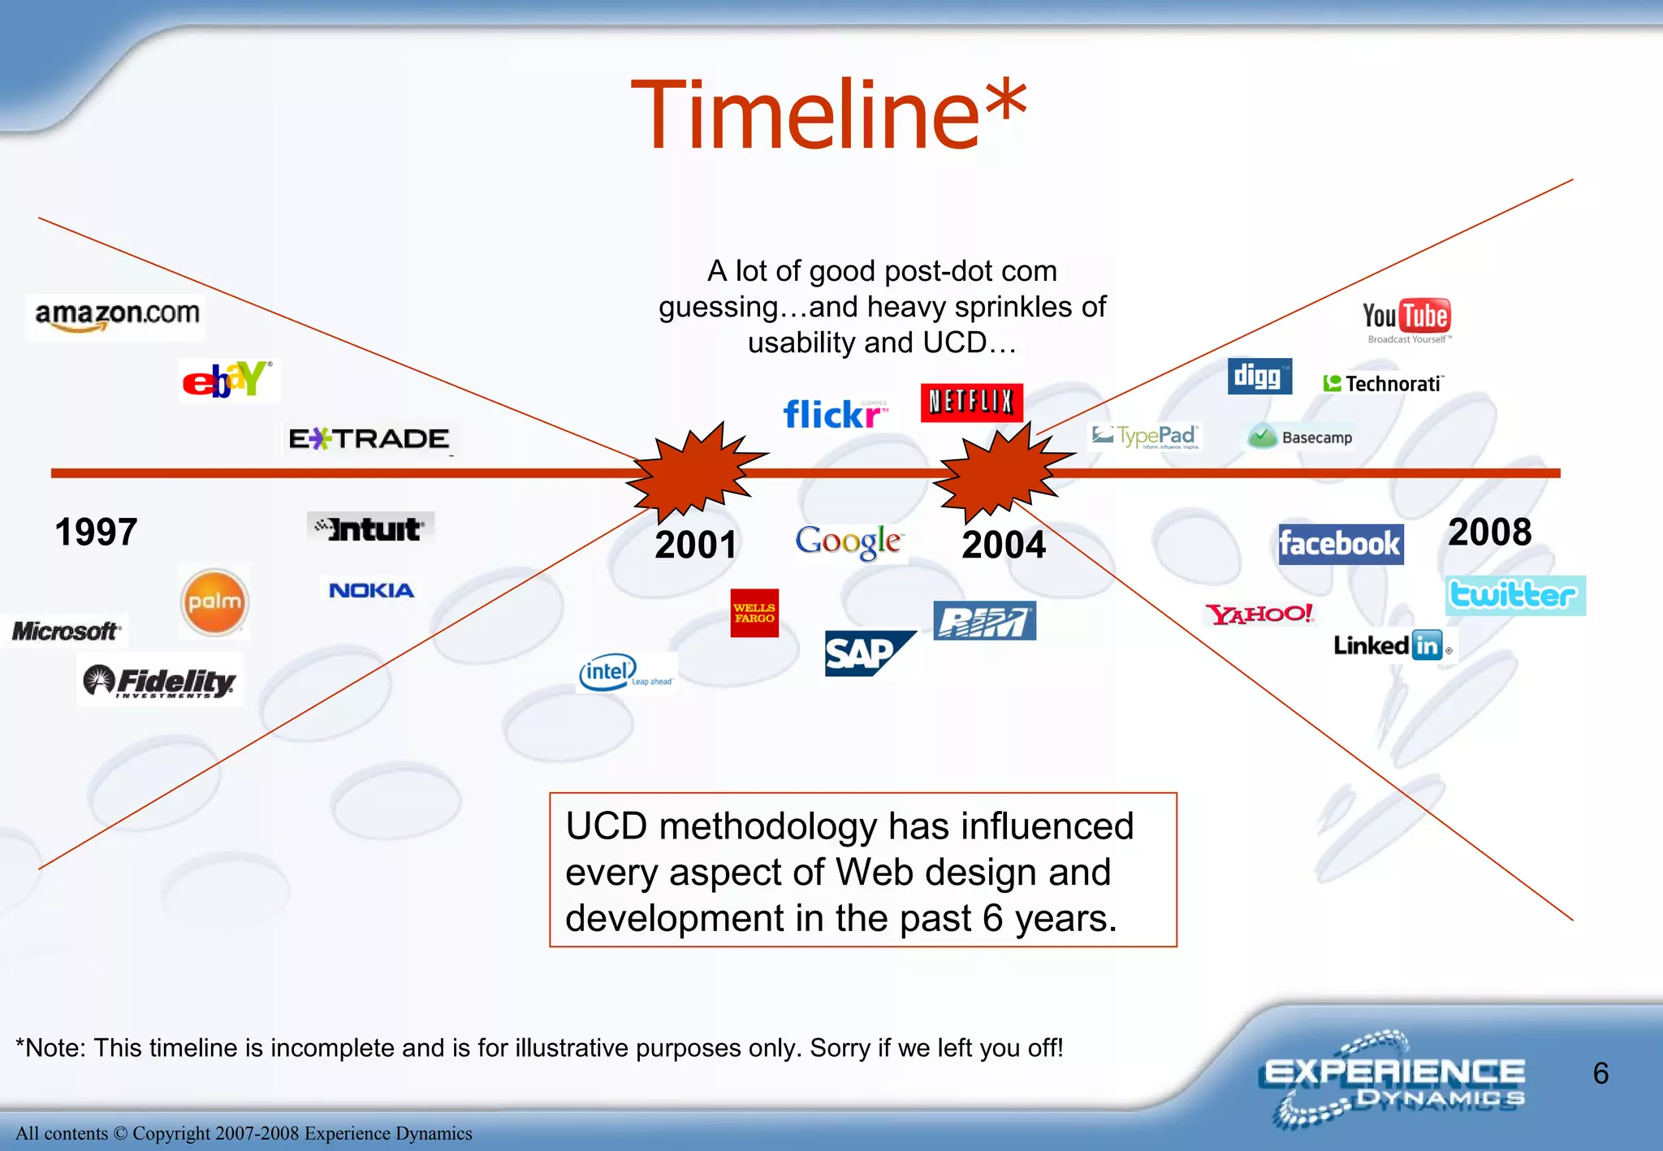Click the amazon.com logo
coord(116,317)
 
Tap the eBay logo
coord(228,380)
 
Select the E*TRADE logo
coord(369,439)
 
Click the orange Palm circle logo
coord(214,602)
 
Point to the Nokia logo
coord(371,590)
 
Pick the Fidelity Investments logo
coord(160,681)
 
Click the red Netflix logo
coord(971,402)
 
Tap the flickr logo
coord(834,415)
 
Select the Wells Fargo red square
coord(754,613)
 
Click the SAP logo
coord(866,653)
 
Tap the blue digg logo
coord(1259,376)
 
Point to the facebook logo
coord(1340,544)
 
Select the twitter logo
coord(1514,595)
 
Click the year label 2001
coord(696,545)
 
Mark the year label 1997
coord(96,532)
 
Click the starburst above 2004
coord(1003,473)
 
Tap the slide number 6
coord(1600,1073)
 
